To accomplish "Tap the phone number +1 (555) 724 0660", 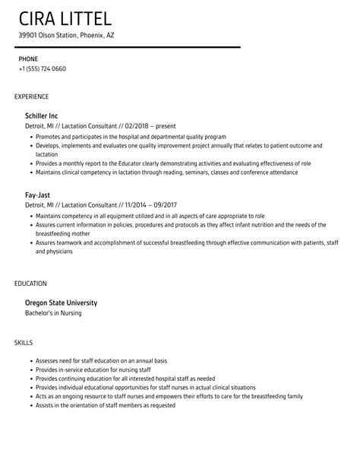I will point(43,69).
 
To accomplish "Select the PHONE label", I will point(29,59).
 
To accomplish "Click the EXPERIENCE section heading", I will point(32,97).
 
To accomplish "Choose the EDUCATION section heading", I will point(31,284).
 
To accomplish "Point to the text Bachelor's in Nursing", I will point(54,313).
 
